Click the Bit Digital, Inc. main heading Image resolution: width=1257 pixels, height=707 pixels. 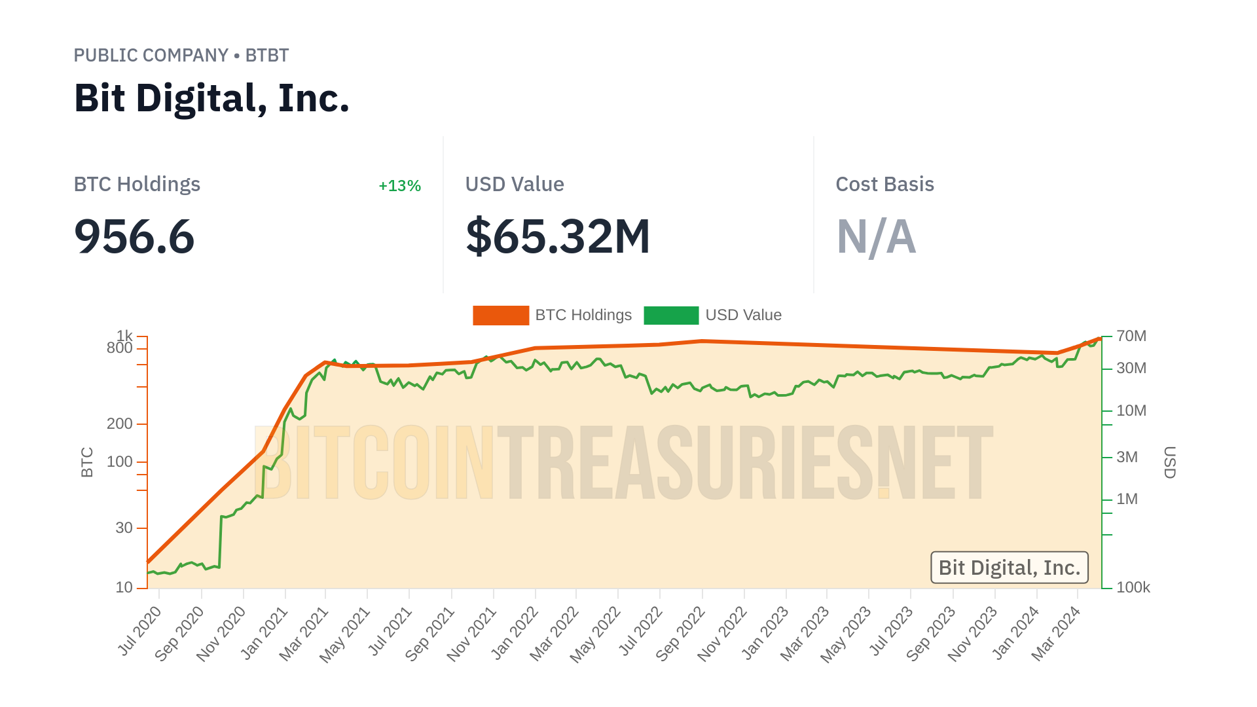(211, 98)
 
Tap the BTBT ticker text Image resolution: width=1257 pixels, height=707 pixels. (267, 56)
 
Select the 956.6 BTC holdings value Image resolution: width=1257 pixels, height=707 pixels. (134, 236)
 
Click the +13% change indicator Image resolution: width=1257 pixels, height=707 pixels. (399, 186)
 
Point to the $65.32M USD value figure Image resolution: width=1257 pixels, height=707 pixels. (558, 236)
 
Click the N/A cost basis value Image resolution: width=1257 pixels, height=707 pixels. (876, 236)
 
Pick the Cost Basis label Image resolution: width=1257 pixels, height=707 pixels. (884, 185)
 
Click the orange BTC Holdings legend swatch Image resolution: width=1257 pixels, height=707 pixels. (501, 316)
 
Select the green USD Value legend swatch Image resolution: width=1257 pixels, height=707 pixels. (671, 316)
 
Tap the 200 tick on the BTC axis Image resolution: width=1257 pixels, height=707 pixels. (120, 424)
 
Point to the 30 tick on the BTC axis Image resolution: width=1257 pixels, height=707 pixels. (124, 528)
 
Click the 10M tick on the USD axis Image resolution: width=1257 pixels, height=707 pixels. (1131, 411)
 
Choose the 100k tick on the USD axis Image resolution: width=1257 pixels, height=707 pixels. (1133, 588)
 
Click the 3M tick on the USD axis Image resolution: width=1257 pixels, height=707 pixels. (1127, 458)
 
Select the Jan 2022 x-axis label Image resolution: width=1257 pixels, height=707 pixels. (515, 632)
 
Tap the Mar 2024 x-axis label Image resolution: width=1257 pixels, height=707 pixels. (1056, 633)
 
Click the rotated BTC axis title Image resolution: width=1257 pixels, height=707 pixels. (87, 462)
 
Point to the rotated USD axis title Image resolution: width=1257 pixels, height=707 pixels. (1170, 462)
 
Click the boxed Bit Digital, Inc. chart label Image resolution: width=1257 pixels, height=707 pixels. (1009, 568)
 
